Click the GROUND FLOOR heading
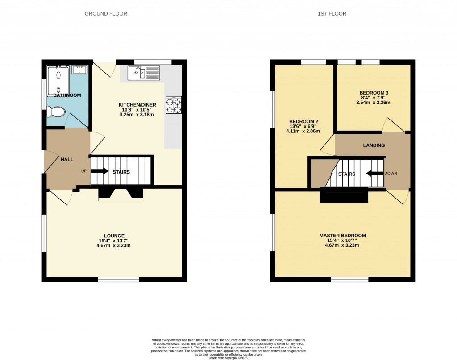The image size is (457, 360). click(106, 14)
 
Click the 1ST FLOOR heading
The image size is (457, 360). click(332, 14)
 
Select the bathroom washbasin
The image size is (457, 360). click(80, 69)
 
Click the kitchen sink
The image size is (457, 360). click(143, 73)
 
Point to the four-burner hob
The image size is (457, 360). click(174, 105)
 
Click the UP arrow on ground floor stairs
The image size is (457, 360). click(100, 171)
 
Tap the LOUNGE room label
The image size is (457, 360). click(114, 236)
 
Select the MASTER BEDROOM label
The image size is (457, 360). click(342, 236)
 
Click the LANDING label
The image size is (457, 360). click(374, 145)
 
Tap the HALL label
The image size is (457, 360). click(67, 159)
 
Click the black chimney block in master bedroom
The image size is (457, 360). click(343, 195)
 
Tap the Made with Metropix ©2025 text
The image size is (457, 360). click(228, 357)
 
